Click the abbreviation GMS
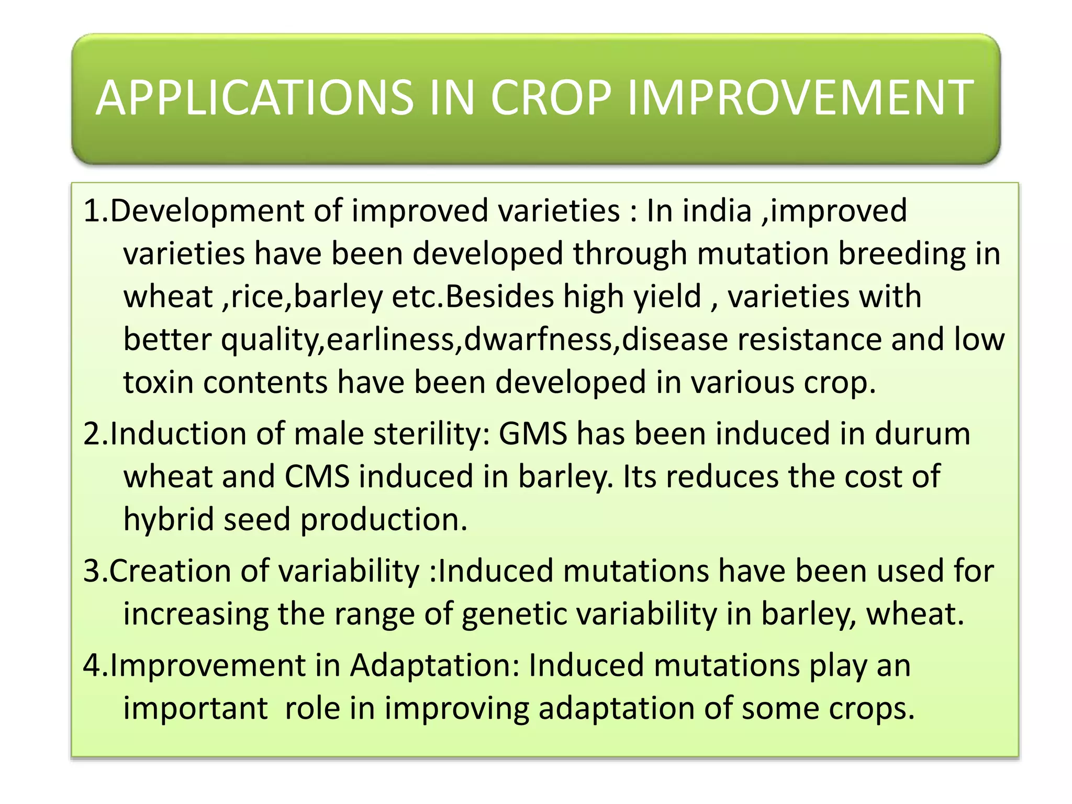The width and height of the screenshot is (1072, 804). point(533,434)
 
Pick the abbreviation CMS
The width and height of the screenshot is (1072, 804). point(317,477)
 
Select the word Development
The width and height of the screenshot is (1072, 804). point(207,211)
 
